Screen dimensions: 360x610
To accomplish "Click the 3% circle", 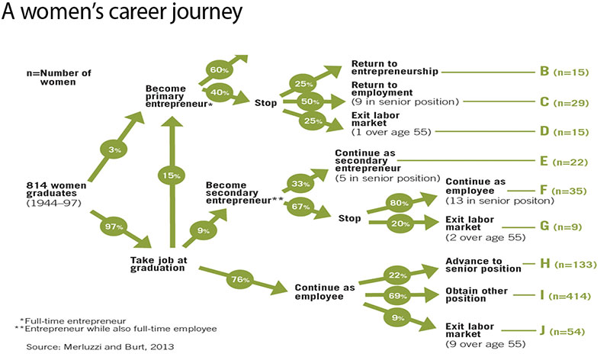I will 113,150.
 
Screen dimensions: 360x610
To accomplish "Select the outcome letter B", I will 544,72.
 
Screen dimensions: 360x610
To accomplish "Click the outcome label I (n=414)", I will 563,294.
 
